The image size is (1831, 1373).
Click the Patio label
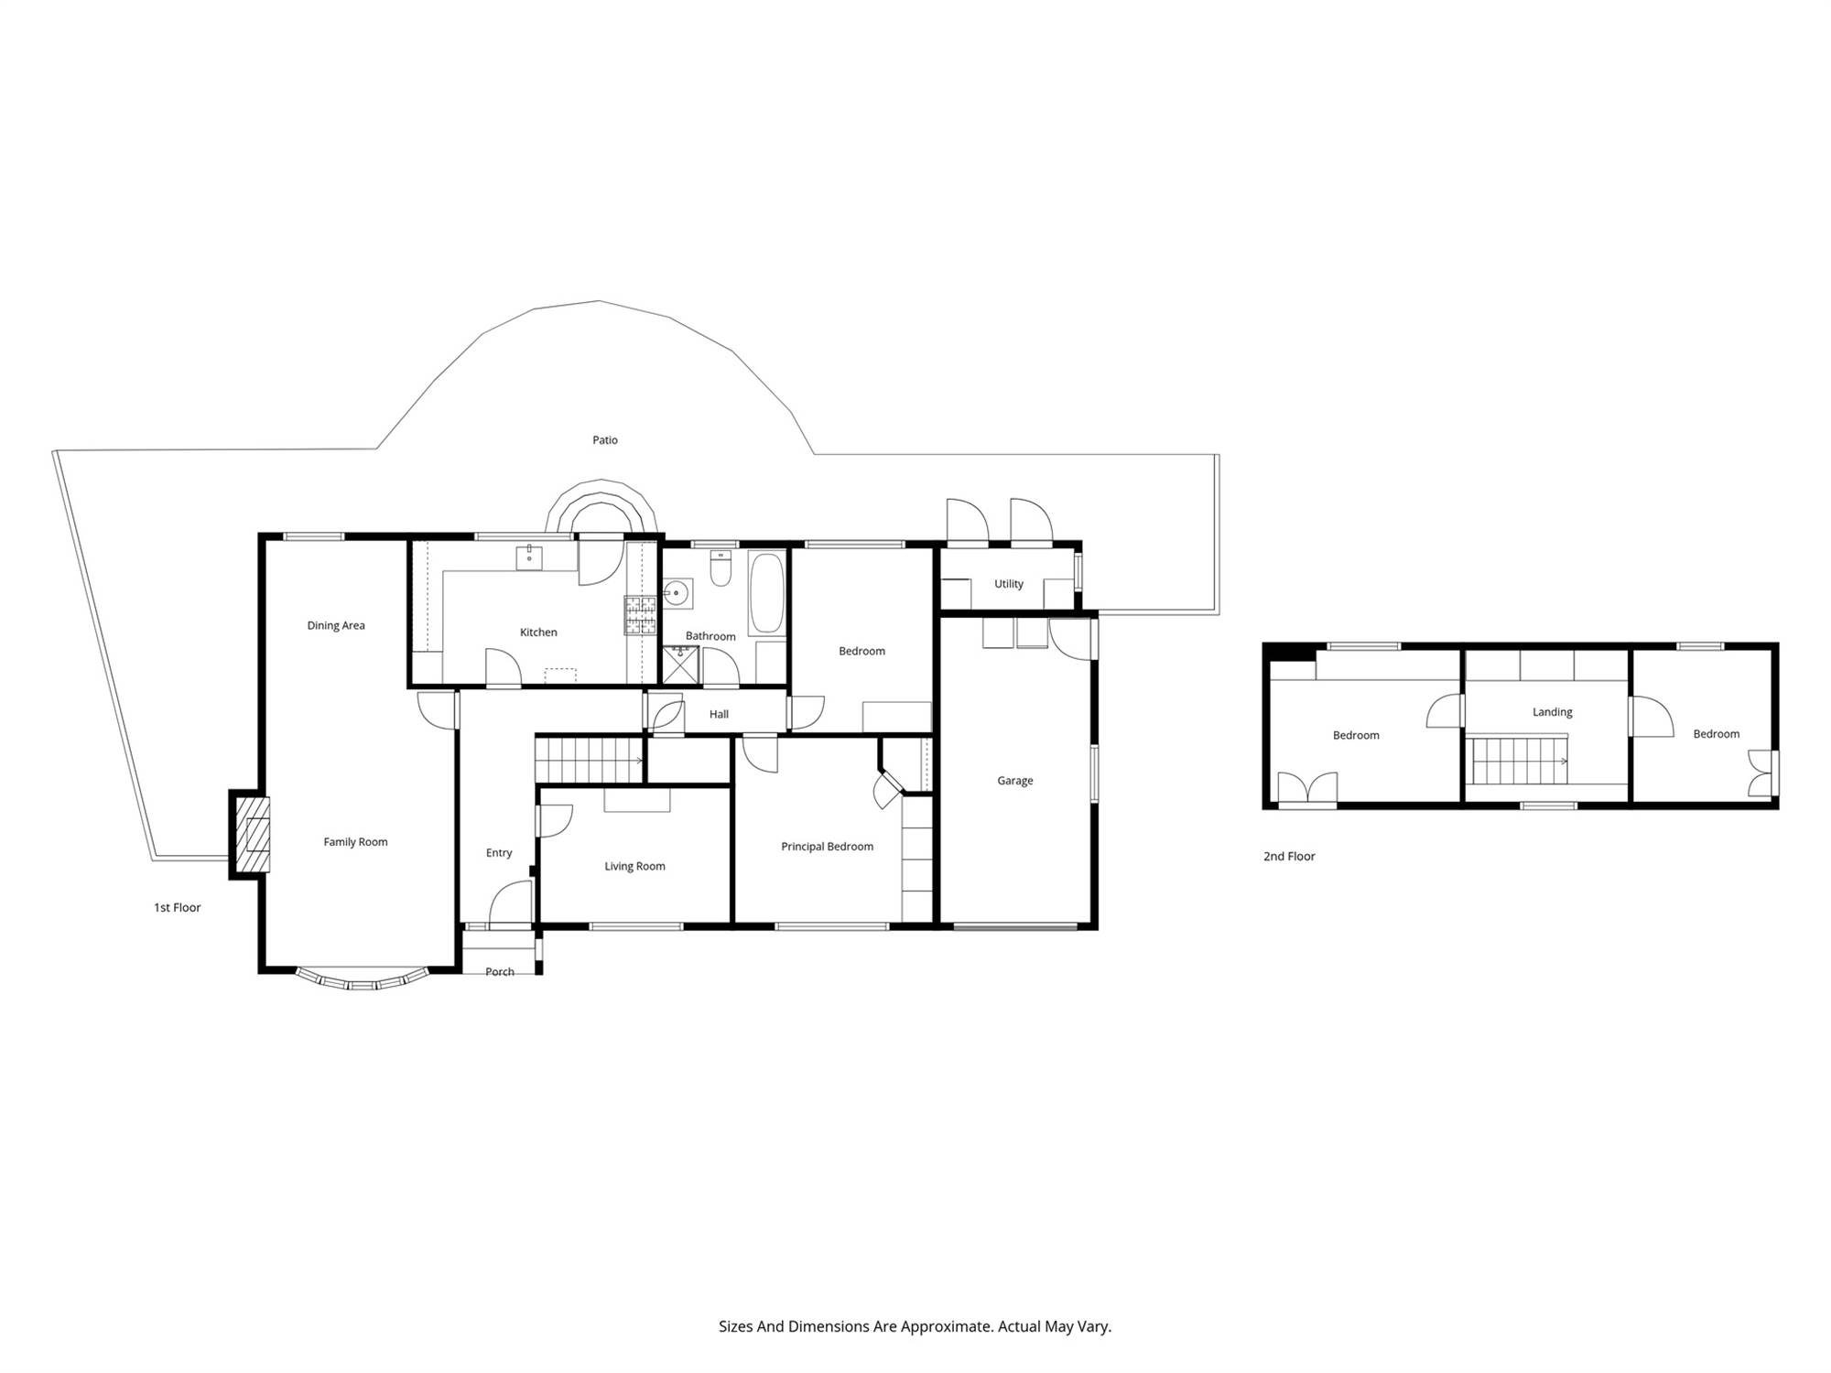pos(604,440)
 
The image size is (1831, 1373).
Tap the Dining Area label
pos(336,626)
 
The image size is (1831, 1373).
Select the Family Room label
pos(355,842)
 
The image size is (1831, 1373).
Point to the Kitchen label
pos(538,632)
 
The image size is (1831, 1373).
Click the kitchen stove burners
pos(641,614)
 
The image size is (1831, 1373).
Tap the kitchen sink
pos(529,557)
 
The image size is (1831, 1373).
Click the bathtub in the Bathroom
pos(767,592)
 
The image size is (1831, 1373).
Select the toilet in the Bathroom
pos(721,568)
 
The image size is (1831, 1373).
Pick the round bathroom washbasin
pos(677,593)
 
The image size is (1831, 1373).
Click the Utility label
pos(1009,584)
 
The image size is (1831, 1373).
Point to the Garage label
pos(1015,781)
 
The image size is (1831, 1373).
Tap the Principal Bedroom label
pos(827,847)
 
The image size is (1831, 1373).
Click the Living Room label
pos(634,866)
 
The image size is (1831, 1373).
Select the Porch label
pos(500,972)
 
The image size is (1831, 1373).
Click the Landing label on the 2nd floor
pos(1553,712)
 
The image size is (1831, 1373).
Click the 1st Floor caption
pos(177,908)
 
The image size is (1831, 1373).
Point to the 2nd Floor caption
pos(1289,857)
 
